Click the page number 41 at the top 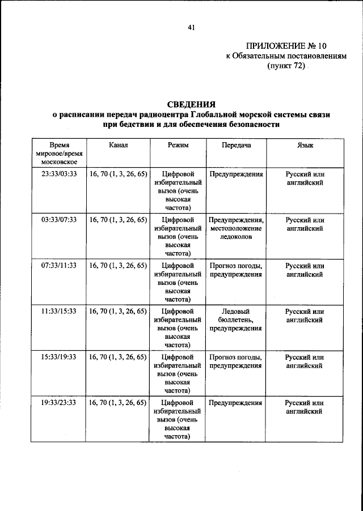click(x=191, y=25)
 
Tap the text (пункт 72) click(x=286, y=66)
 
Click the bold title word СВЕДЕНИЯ click(x=191, y=104)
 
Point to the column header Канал click(x=119, y=145)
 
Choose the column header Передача click(x=235, y=145)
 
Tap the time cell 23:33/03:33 click(x=58, y=174)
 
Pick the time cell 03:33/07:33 click(x=58, y=220)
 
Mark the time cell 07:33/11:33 click(x=58, y=266)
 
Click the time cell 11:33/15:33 click(x=58, y=312)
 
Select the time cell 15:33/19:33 click(x=58, y=357)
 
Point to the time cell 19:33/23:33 click(x=58, y=403)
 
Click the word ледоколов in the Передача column click(x=235, y=237)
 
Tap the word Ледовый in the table click(x=235, y=312)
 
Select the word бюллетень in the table click(x=235, y=320)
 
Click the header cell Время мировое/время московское click(x=59, y=153)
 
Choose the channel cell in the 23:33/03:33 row click(x=119, y=174)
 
